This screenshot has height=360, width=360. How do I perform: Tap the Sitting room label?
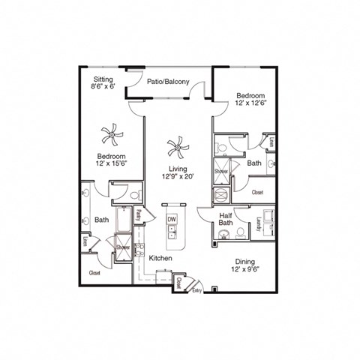[x=103, y=78]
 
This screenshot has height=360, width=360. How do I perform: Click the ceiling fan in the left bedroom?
[x=111, y=136]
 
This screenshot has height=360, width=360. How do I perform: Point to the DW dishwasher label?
[x=171, y=218]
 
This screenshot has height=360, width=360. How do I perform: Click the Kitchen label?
[x=160, y=257]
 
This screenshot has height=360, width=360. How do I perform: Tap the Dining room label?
[x=244, y=261]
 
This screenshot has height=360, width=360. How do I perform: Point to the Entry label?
[x=196, y=289]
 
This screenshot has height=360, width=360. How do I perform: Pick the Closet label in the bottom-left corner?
[x=95, y=273]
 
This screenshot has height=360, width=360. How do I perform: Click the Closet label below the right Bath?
[x=256, y=192]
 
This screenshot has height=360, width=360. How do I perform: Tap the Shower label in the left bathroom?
[x=123, y=247]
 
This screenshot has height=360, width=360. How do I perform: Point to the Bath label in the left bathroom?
[x=102, y=220]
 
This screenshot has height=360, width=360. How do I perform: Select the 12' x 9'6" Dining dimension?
[x=244, y=268]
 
